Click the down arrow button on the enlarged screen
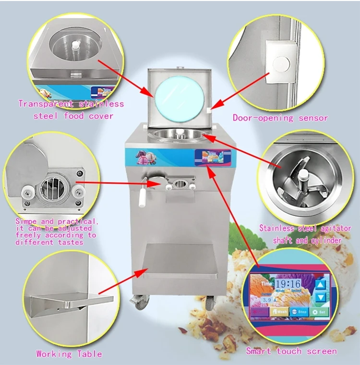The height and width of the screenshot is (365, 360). point(320,297)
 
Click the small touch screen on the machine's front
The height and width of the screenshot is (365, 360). point(212,156)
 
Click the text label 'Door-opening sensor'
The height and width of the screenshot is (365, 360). point(280,118)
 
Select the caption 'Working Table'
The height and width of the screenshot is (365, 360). point(69,354)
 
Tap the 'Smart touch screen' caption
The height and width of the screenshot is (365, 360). point(291,351)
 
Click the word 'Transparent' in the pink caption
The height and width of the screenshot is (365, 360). point(45,104)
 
